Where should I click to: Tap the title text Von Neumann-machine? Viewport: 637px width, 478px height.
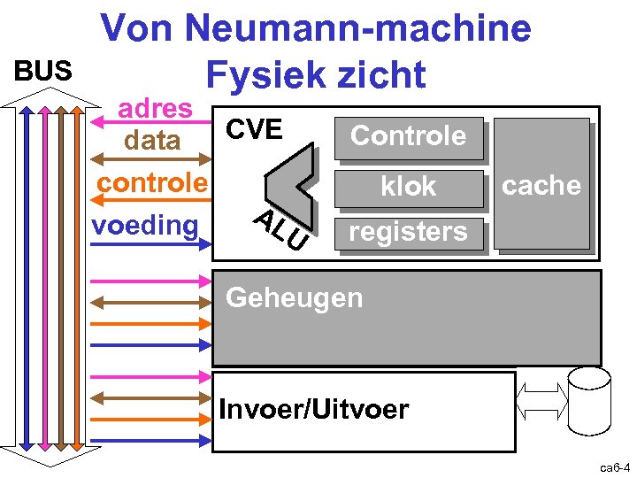tap(316, 28)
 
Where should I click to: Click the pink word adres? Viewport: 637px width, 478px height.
tap(156, 108)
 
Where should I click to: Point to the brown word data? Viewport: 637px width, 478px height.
tap(152, 140)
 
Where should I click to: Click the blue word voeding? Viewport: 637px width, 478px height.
tap(145, 225)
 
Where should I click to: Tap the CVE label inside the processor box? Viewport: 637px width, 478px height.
tap(254, 130)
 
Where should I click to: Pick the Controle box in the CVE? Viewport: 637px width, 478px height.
tap(408, 135)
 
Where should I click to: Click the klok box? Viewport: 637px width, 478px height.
tap(408, 186)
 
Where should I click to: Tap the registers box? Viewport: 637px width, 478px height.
tap(408, 232)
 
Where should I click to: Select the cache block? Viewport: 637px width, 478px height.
tap(541, 184)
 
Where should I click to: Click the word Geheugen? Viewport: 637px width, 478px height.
tap(294, 297)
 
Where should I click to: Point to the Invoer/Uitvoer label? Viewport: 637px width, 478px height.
tap(313, 410)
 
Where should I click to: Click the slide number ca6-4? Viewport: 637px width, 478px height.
tap(614, 466)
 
